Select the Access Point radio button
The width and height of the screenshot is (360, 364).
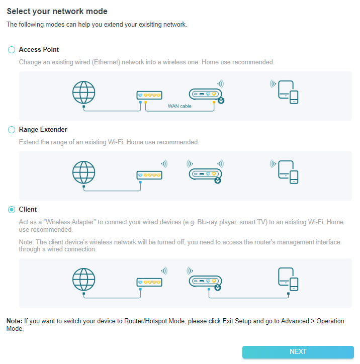[12, 50]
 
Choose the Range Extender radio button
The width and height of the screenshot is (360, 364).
[12, 130]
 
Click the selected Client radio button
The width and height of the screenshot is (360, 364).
[12, 210]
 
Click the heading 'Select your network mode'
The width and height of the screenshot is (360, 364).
[57, 11]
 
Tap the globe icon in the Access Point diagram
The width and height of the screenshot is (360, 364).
[83, 93]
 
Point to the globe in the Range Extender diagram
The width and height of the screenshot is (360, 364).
[83, 172]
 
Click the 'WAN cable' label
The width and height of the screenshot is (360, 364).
[179, 106]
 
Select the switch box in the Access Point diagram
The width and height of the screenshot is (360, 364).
[149, 95]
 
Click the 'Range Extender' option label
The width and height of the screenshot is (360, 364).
[43, 130]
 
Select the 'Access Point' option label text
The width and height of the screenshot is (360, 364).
[39, 50]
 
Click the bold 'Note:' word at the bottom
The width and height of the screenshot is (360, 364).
[14, 321]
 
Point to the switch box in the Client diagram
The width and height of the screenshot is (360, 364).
[149, 282]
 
